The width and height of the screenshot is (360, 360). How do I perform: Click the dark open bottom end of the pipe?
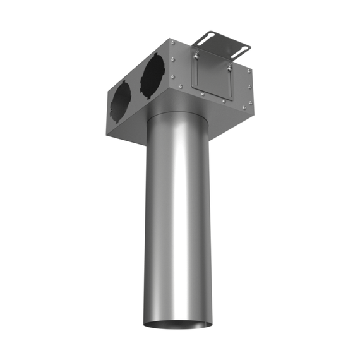click(x=177, y=324)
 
